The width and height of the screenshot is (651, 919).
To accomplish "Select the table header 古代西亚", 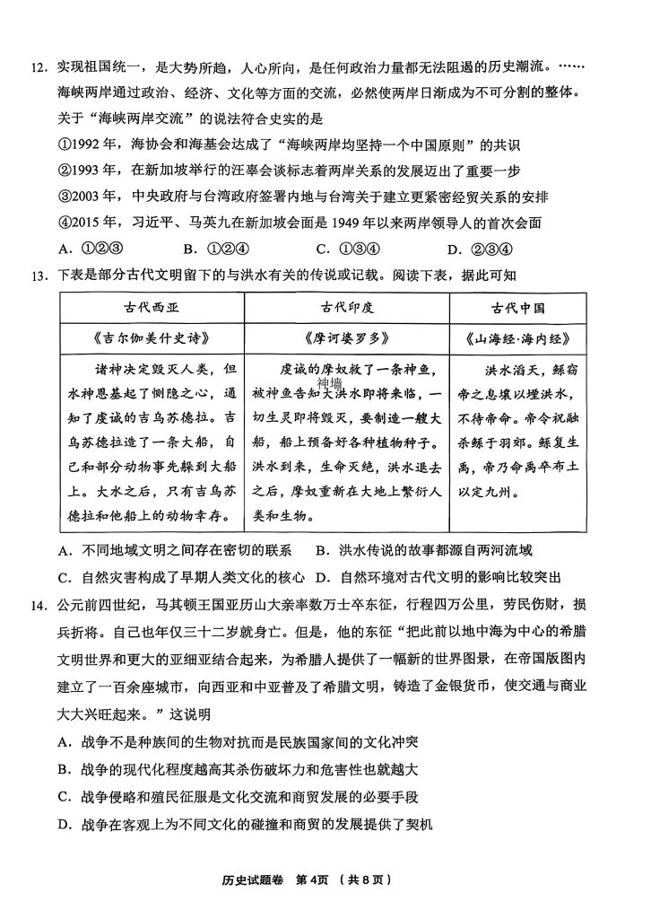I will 152,307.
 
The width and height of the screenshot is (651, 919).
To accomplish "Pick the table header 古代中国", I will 518,307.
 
